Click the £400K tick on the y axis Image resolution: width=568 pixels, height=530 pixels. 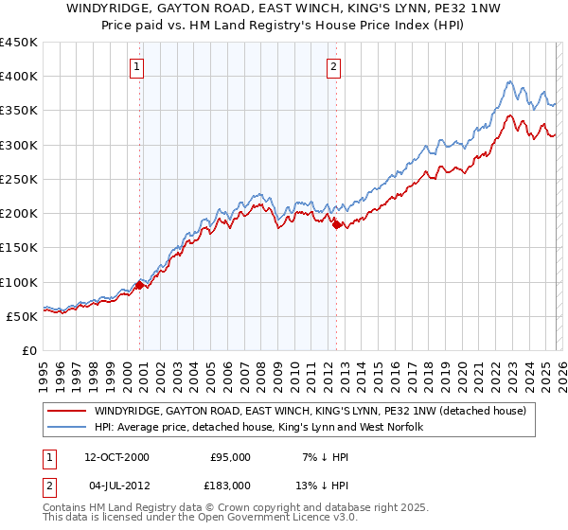[x=19, y=77]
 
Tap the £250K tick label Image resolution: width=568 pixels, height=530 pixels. [x=19, y=179]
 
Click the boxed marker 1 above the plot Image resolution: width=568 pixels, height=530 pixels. [x=138, y=66]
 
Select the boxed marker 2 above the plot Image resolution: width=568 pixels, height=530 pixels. [x=335, y=66]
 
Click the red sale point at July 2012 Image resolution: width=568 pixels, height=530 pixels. [x=336, y=224]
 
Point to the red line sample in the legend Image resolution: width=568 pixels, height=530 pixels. [x=66, y=411]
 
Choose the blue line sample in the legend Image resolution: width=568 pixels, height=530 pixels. [x=66, y=427]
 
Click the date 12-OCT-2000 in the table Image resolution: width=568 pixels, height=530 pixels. [x=116, y=457]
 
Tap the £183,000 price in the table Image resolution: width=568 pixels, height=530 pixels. [x=231, y=484]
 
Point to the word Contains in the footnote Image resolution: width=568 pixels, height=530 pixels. [x=65, y=507]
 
